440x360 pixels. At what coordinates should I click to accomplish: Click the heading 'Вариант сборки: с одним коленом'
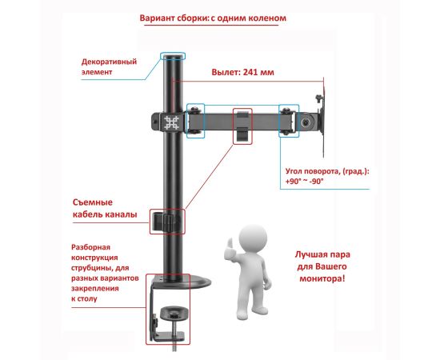pyautogui.click(x=213, y=18)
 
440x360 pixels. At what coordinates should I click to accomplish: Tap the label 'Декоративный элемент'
pyautogui.click(x=109, y=66)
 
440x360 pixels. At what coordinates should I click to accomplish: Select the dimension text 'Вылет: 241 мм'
pyautogui.click(x=242, y=72)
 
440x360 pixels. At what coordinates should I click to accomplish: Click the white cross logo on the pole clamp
pyautogui.click(x=171, y=123)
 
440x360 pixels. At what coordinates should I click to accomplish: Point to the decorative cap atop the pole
pyautogui.click(x=173, y=56)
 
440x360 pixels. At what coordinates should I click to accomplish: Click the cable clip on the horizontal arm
pyautogui.click(x=242, y=126)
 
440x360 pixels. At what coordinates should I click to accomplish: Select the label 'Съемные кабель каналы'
pyautogui.click(x=105, y=209)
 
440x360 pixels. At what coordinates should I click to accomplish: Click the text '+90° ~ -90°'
pyautogui.click(x=305, y=182)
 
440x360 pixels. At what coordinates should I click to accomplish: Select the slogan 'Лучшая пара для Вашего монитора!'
pyautogui.click(x=322, y=266)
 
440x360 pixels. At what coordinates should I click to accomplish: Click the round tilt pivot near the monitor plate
pyautogui.click(x=306, y=122)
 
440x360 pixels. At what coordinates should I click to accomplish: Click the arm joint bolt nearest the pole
pyautogui.click(x=194, y=109)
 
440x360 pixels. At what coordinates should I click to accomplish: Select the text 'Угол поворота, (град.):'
pyautogui.click(x=327, y=171)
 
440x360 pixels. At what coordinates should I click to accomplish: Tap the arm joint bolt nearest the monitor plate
pyautogui.click(x=286, y=109)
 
